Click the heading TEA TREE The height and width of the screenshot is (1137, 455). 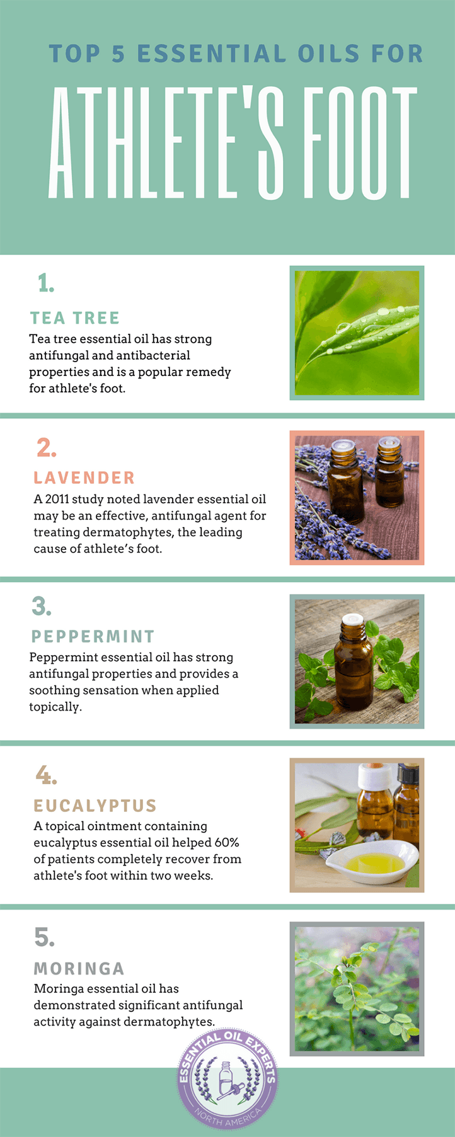click(x=74, y=318)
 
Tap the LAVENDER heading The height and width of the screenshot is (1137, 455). click(x=84, y=478)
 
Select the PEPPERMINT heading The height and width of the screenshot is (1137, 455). click(x=93, y=637)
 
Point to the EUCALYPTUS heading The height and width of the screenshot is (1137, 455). click(x=95, y=806)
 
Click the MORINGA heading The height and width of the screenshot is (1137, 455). click(x=79, y=968)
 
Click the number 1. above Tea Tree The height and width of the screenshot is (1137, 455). click(x=45, y=283)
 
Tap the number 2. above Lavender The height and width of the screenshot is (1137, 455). click(x=46, y=448)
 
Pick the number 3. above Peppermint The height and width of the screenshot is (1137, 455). click(x=42, y=607)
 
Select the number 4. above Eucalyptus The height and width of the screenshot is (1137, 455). click(x=46, y=775)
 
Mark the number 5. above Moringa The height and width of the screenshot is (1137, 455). click(x=44, y=937)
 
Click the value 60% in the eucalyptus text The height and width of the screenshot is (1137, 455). click(x=227, y=843)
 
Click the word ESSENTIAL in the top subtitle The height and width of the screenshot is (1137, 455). click(x=212, y=54)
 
